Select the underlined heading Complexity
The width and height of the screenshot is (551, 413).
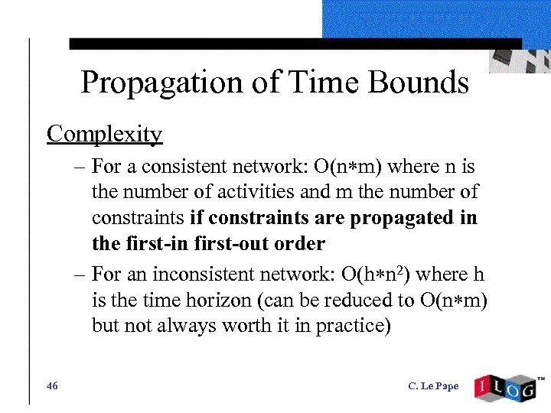tap(104, 134)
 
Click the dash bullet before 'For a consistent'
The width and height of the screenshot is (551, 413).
tap(81, 167)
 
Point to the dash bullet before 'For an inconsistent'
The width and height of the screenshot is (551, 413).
tap(81, 274)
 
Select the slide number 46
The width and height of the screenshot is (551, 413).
tap(52, 386)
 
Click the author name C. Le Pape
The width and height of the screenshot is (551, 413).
tap(433, 386)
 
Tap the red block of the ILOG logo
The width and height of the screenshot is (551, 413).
tap(484, 387)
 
